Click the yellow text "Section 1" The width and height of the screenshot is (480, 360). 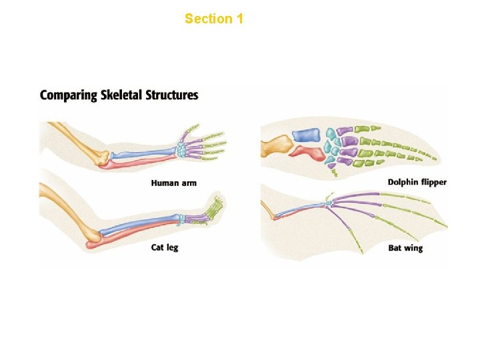pos(213,19)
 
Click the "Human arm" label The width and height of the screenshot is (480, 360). pos(173,183)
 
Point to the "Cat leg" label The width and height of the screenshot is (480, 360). pos(165,248)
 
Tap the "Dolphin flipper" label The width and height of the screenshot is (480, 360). pos(417,183)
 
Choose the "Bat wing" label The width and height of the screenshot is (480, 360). pos(405,249)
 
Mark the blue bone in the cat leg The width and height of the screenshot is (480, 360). pos(140,225)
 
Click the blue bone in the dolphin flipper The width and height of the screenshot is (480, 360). pos(307,135)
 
